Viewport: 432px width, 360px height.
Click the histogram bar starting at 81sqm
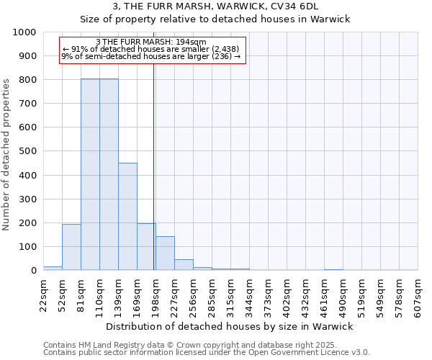[x=90, y=174]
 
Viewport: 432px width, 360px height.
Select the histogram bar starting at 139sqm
[x=127, y=216]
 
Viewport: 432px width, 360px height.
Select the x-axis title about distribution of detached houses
[x=230, y=326]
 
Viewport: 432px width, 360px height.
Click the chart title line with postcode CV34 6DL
[x=230, y=6]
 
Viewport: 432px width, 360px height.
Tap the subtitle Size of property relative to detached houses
[x=230, y=19]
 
